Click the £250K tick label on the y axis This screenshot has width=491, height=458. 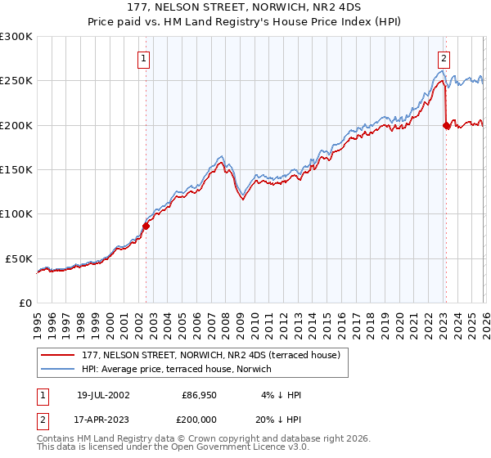click(x=16, y=81)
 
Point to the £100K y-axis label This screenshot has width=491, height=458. click(x=16, y=213)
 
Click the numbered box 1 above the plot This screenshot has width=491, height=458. click(x=144, y=58)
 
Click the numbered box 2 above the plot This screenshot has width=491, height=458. click(x=444, y=58)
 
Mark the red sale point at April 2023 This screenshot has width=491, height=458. click(x=446, y=125)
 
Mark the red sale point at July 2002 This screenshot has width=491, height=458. click(x=146, y=226)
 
